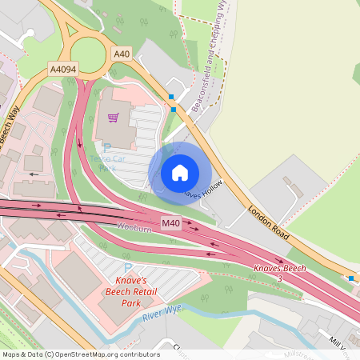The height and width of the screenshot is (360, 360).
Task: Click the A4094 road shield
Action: [64, 69]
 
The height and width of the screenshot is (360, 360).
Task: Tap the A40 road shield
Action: [121, 54]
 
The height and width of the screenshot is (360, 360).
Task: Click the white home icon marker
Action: [180, 172]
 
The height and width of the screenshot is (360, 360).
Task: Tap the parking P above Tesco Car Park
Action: [107, 148]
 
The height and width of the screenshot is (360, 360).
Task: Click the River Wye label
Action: [163, 314]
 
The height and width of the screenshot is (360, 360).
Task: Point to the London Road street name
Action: [266, 225]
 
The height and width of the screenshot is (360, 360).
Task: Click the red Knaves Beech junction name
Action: [280, 269]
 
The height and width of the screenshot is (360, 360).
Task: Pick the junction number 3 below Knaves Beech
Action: [280, 278]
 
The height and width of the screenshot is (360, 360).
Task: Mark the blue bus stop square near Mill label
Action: [351, 278]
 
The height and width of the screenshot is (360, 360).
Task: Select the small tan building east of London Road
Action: [292, 189]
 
